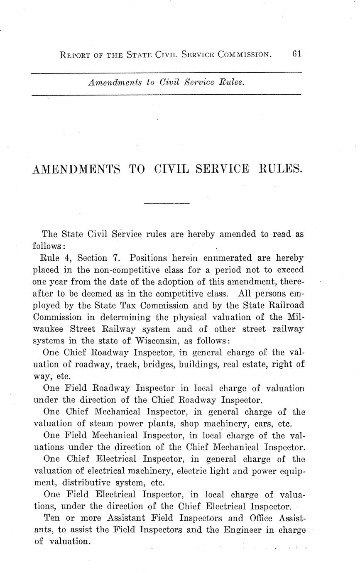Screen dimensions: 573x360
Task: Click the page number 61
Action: [296, 54]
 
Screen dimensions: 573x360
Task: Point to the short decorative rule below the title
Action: [166, 203]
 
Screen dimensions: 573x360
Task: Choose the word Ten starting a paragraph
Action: [51, 518]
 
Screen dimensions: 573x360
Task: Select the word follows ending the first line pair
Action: [47, 246]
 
